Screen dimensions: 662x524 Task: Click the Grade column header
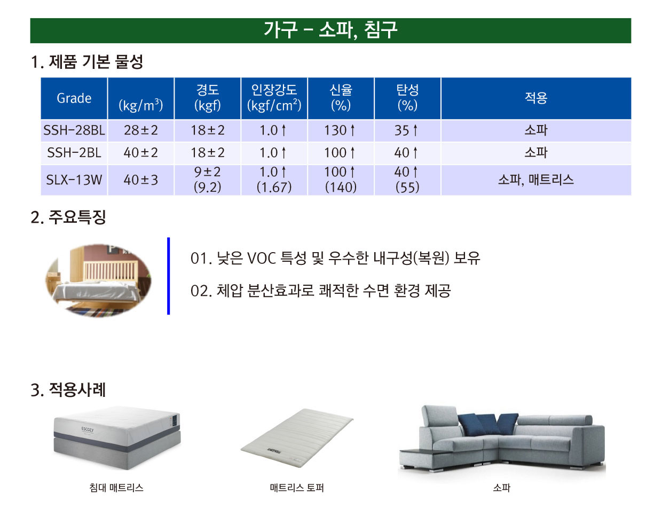(x=74, y=98)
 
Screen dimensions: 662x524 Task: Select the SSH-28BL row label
(x=74, y=130)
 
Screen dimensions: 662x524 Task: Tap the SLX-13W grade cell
(x=74, y=180)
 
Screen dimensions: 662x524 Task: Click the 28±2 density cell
(x=140, y=130)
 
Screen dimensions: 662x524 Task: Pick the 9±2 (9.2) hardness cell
(x=207, y=180)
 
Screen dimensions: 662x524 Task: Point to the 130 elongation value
(x=340, y=130)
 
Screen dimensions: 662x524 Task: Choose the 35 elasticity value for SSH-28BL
(x=406, y=130)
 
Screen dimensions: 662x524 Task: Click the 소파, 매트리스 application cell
(x=536, y=180)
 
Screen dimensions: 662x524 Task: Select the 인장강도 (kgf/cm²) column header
(x=274, y=98)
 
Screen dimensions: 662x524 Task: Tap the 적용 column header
(x=536, y=98)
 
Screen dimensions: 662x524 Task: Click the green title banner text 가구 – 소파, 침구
(x=330, y=30)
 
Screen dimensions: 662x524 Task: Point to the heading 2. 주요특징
(x=68, y=217)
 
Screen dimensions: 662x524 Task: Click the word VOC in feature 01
(x=262, y=259)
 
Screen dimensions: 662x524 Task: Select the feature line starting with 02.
(x=320, y=291)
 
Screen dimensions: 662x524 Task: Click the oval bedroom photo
(x=98, y=280)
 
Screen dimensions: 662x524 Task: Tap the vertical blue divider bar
(x=168, y=276)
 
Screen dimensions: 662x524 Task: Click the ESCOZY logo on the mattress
(x=88, y=429)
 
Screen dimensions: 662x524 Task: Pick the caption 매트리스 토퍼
(x=297, y=488)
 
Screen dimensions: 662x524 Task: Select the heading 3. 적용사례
(x=68, y=390)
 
